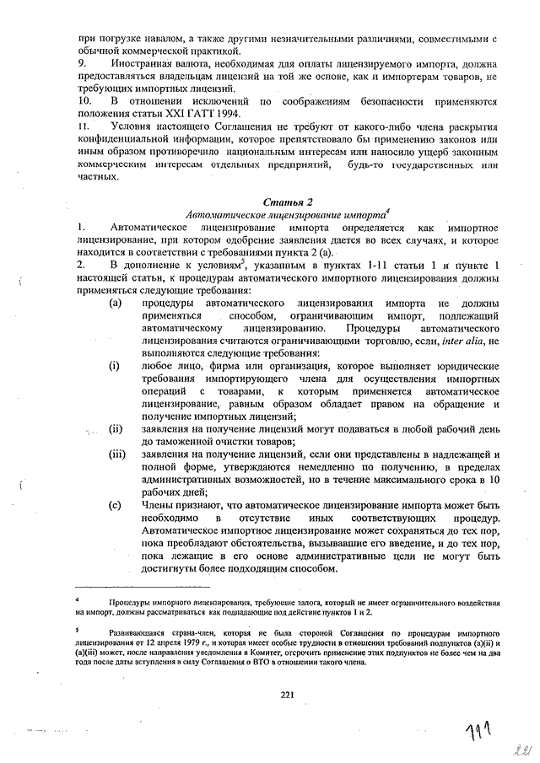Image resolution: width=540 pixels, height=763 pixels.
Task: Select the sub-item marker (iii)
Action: point(117,454)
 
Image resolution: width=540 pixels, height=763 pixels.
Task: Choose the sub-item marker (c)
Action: point(117,505)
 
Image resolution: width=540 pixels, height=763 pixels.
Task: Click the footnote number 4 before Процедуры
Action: point(77,600)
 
